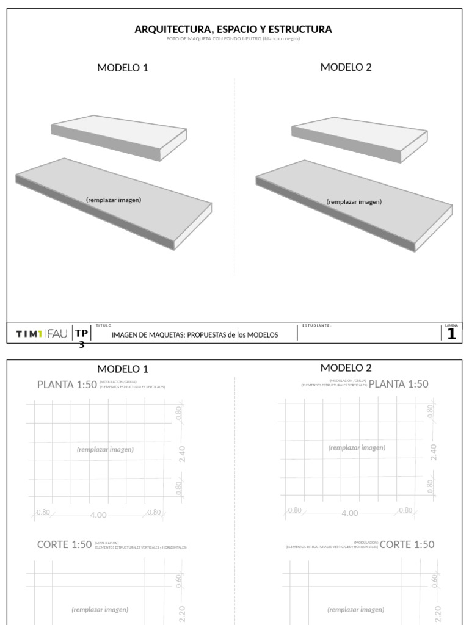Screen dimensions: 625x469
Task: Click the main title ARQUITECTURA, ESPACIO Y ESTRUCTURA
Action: (x=233, y=29)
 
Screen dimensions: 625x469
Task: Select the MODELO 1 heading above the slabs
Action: (x=123, y=68)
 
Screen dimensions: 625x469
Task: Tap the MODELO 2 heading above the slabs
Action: (x=346, y=67)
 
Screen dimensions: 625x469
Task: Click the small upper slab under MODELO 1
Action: (x=118, y=137)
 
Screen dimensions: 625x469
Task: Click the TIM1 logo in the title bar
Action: (x=29, y=334)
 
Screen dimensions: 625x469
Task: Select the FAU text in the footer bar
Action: (x=57, y=334)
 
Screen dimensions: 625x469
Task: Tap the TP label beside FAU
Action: (x=82, y=333)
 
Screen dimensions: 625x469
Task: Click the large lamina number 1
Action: (x=451, y=334)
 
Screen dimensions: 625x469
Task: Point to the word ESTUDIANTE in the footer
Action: (x=316, y=325)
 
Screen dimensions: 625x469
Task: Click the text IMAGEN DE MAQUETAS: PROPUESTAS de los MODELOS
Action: (x=195, y=334)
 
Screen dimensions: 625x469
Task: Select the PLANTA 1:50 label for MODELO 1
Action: (x=67, y=385)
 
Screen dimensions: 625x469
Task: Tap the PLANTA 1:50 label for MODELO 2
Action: (x=398, y=384)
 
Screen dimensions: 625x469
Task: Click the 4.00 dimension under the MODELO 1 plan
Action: (x=98, y=515)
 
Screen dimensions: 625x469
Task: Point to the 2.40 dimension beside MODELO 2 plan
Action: (x=434, y=452)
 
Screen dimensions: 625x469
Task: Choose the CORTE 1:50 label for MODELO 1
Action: (x=64, y=544)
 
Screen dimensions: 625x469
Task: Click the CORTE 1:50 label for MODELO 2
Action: (x=407, y=544)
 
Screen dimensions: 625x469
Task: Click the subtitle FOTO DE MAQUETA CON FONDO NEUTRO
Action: (x=233, y=39)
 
